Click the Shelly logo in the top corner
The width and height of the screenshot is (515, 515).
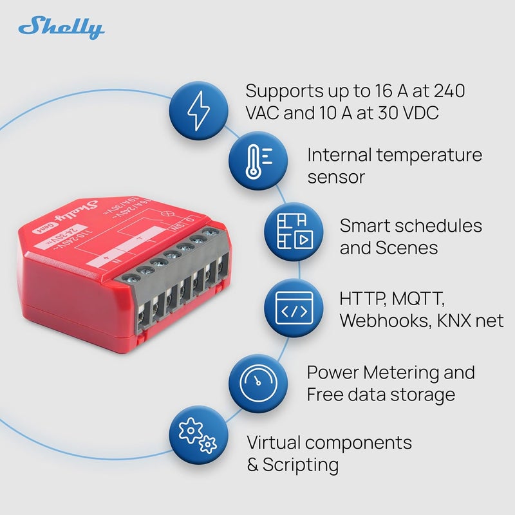click(62, 28)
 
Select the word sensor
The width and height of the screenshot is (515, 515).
click(336, 177)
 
